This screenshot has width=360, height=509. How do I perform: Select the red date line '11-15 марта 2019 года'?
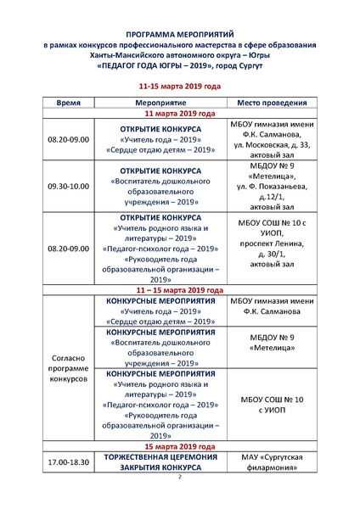tap(179, 86)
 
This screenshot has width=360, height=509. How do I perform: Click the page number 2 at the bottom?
tap(180, 478)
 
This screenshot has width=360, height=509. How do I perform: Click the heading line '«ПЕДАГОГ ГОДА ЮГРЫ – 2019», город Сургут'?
tap(179, 64)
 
